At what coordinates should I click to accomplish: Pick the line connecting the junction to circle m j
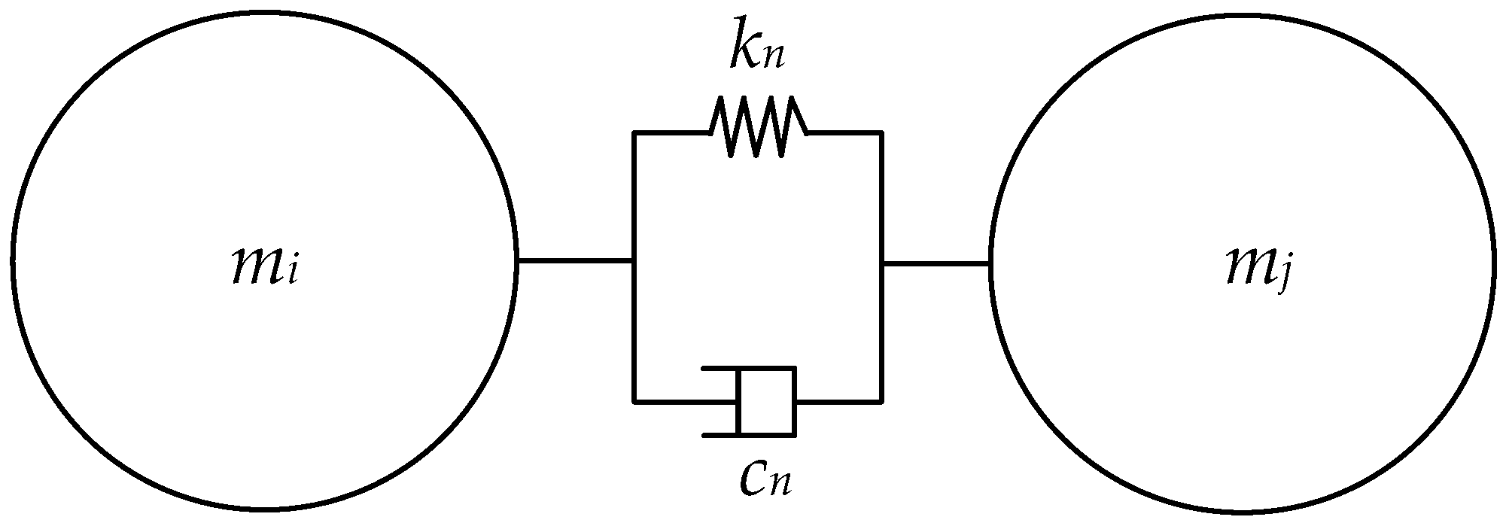point(936,263)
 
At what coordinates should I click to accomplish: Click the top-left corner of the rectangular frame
point(634,133)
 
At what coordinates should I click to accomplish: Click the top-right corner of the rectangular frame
point(881,133)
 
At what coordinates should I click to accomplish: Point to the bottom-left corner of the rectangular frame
point(634,401)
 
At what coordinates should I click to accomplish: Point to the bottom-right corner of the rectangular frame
point(881,401)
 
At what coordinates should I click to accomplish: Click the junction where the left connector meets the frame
point(634,261)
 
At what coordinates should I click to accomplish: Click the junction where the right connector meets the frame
point(881,263)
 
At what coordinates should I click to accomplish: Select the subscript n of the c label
point(780,485)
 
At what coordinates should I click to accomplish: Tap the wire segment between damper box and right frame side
point(838,401)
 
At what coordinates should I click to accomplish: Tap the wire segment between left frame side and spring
point(672,133)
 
